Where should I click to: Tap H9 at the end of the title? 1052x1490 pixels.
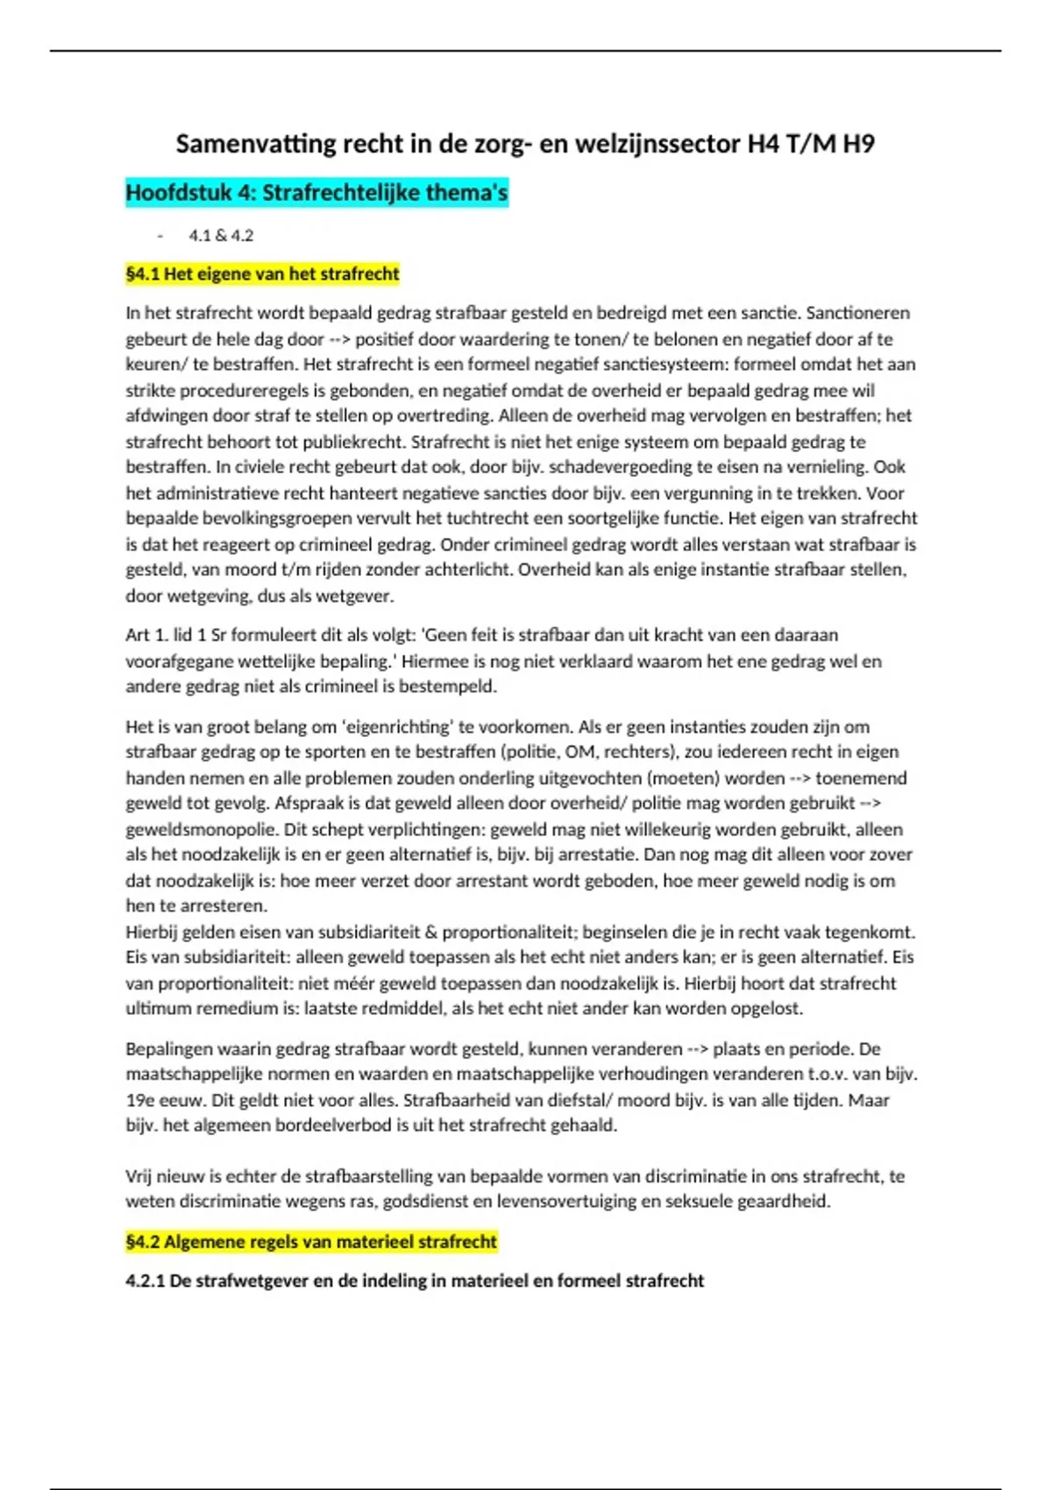(858, 144)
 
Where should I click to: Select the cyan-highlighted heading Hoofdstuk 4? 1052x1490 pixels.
(316, 193)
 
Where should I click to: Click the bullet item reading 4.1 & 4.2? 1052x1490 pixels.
(221, 235)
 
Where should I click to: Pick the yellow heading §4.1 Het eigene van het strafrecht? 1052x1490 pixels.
(262, 274)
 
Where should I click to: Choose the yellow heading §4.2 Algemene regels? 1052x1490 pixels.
(311, 1242)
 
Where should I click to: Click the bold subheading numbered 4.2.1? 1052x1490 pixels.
(414, 1281)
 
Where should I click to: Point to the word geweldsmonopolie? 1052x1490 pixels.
(189, 829)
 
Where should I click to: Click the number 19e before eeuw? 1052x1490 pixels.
(140, 1101)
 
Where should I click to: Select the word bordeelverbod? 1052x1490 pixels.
(334, 1125)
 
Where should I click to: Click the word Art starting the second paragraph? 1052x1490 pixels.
(138, 635)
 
